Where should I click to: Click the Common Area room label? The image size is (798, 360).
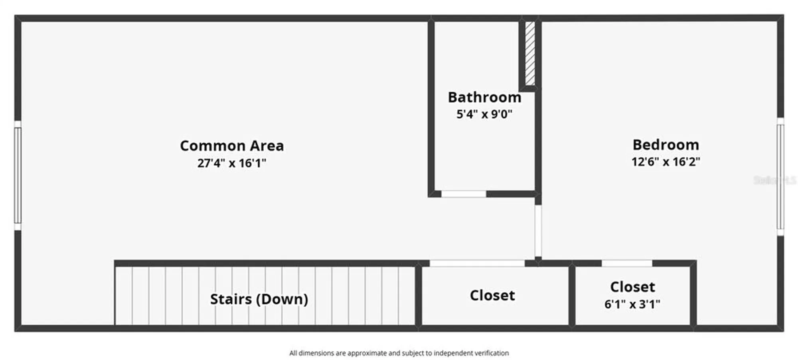[x=232, y=146]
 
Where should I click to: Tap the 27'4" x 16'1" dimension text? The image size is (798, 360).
[x=232, y=163]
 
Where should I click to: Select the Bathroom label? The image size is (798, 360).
[x=484, y=97]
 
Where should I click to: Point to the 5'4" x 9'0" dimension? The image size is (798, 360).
[x=484, y=115]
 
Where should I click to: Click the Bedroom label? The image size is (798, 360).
[x=666, y=145]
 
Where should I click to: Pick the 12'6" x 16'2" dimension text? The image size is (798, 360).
[x=666, y=162]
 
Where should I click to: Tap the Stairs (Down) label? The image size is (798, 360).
[x=259, y=299]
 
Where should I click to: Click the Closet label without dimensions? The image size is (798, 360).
[x=492, y=296]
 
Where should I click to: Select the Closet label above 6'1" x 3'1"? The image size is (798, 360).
[x=632, y=287]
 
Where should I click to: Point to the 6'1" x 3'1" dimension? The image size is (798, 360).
[x=632, y=305]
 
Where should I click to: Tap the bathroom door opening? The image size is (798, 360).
[x=464, y=194]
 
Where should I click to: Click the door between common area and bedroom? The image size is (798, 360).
[x=538, y=231]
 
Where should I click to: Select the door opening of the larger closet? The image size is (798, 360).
[x=477, y=263]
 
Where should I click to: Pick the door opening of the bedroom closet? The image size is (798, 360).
[x=627, y=263]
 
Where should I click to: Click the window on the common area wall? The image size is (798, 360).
[x=18, y=176]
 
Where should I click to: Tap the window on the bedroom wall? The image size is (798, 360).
[x=780, y=177]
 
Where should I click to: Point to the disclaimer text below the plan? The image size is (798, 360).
[x=399, y=353]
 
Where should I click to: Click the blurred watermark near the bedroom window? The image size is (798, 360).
[x=774, y=180]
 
